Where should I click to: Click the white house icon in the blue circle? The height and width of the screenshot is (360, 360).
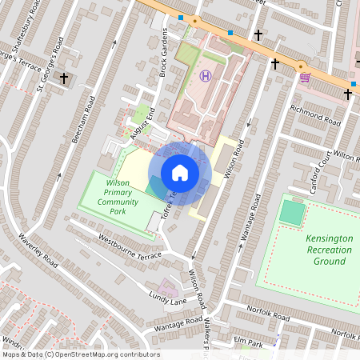[180, 173]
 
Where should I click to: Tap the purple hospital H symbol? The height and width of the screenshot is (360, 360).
[206, 75]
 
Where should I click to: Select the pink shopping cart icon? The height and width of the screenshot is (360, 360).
[305, 78]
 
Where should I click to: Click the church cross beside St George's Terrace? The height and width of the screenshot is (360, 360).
[64, 78]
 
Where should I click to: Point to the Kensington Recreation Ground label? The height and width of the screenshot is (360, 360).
[328, 250]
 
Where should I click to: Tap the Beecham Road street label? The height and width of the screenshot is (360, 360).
[82, 120]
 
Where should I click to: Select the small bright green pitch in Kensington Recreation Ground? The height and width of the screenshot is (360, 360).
[294, 213]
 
